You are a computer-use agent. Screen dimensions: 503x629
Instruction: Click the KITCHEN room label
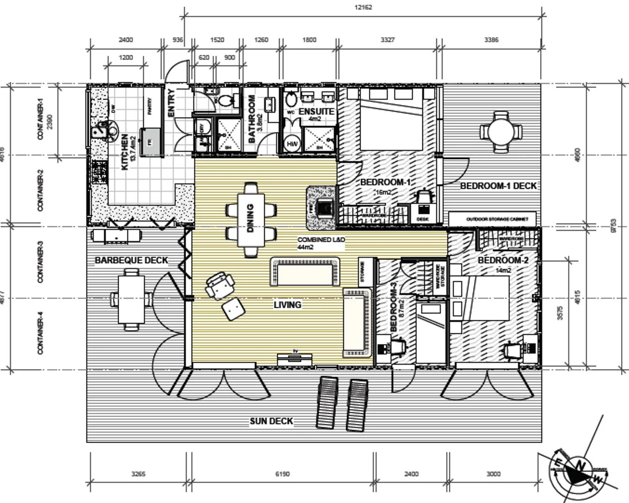coord(125,152)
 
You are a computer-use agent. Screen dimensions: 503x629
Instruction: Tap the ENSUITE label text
coord(316,111)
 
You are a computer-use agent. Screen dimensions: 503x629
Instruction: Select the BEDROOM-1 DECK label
coord(498,186)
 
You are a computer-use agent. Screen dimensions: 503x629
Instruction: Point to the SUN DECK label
coord(271,421)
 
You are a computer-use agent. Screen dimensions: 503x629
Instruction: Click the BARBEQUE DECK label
coord(131,260)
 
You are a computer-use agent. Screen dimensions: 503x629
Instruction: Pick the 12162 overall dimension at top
coord(363,7)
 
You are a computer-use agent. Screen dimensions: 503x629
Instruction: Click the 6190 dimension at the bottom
coord(282,474)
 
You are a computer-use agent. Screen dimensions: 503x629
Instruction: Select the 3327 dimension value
coord(387,40)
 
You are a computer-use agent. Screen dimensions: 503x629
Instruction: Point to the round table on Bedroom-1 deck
coord(501,132)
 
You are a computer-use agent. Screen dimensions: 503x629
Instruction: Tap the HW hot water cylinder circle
coord(292,144)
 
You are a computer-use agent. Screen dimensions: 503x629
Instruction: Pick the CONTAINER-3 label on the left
coord(41,262)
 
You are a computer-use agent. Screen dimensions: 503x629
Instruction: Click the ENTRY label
coord(171,103)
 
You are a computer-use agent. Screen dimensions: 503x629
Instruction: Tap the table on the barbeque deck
coord(131,299)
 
